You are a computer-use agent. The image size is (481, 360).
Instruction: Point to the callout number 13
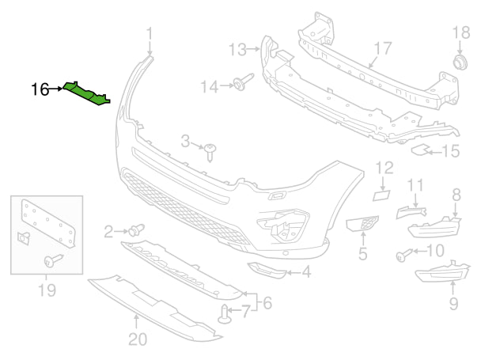tap(238, 50)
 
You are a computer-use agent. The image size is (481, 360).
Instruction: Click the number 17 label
tap(382, 49)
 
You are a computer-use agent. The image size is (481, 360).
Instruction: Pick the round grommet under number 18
tap(458, 62)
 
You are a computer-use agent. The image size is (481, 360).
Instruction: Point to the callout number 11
tap(416, 186)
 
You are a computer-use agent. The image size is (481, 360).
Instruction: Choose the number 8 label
tap(456, 194)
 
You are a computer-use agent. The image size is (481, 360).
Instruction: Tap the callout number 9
tap(453, 301)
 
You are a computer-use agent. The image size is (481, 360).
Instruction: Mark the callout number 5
tap(362, 254)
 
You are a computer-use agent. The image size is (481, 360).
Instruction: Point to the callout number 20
tap(138, 340)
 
